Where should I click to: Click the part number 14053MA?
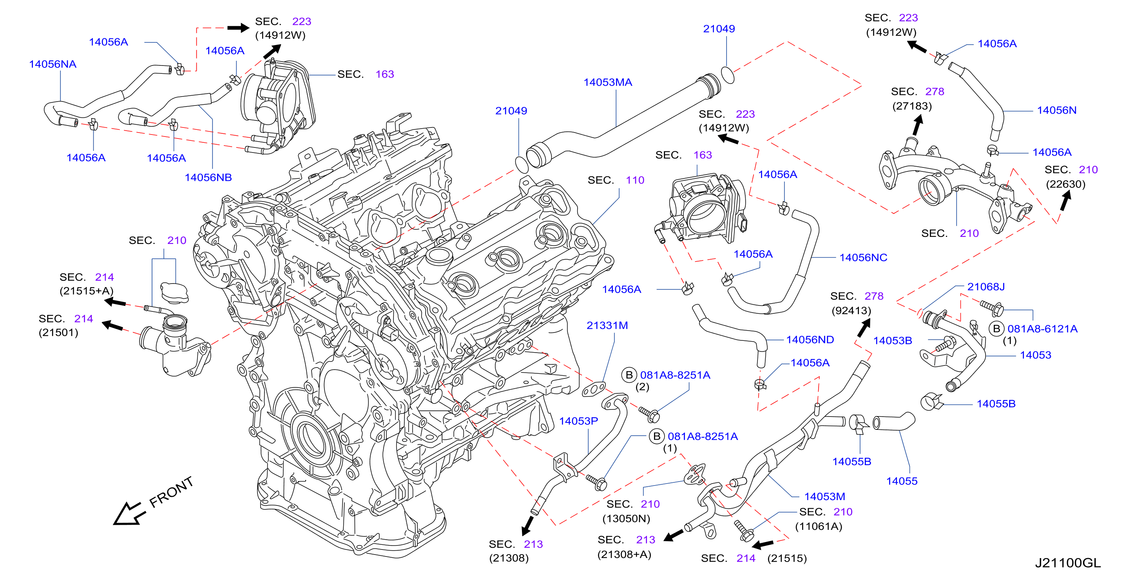[x=608, y=82]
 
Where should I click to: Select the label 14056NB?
[x=208, y=178]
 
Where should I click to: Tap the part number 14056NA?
[x=53, y=64]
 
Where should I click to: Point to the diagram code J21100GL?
[x=1068, y=563]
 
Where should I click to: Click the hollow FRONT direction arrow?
[x=129, y=514]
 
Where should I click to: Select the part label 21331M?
[x=607, y=326]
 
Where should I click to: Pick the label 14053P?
[x=578, y=421]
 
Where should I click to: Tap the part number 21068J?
[x=986, y=287]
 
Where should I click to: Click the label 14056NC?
[x=863, y=258]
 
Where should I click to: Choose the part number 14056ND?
[x=810, y=340]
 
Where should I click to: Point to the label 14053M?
[x=824, y=497]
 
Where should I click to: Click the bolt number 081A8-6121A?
[x=1042, y=329]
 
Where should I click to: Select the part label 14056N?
[x=1056, y=110]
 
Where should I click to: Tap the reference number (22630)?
[x=1065, y=184]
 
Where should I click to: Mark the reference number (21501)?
[x=58, y=333]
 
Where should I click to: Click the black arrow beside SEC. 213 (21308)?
[x=527, y=526]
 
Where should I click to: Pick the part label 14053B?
[x=893, y=341]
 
